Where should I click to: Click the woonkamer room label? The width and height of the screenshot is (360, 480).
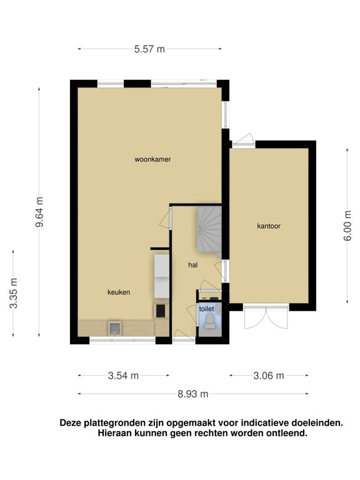pyautogui.click(x=152, y=159)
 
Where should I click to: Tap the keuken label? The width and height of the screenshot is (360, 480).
pyautogui.click(x=119, y=292)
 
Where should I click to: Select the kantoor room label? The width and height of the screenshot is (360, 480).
pyautogui.click(x=269, y=226)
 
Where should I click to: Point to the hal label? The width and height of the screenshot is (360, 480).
pyautogui.click(x=193, y=265)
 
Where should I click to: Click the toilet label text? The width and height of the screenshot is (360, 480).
pyautogui.click(x=207, y=309)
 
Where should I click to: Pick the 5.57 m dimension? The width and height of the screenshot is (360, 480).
pyautogui.click(x=149, y=49)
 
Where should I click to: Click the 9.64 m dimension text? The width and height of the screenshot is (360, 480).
pyautogui.click(x=39, y=212)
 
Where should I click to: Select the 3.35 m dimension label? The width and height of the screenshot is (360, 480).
pyautogui.click(x=14, y=293)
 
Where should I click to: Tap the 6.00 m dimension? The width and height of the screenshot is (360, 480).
pyautogui.click(x=347, y=226)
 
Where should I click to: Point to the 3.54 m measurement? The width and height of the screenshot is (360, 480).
pyautogui.click(x=123, y=376)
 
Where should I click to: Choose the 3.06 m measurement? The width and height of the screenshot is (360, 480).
pyautogui.click(x=269, y=376)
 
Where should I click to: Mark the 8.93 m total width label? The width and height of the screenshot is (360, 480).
pyautogui.click(x=193, y=394)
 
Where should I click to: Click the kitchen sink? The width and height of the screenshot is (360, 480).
pyautogui.click(x=114, y=328)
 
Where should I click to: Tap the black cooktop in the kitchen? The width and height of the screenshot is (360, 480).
pyautogui.click(x=161, y=311)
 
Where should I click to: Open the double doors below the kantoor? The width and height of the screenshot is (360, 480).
pyautogui.click(x=266, y=316)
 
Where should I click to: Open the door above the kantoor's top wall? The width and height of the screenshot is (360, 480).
pyautogui.click(x=244, y=139)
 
